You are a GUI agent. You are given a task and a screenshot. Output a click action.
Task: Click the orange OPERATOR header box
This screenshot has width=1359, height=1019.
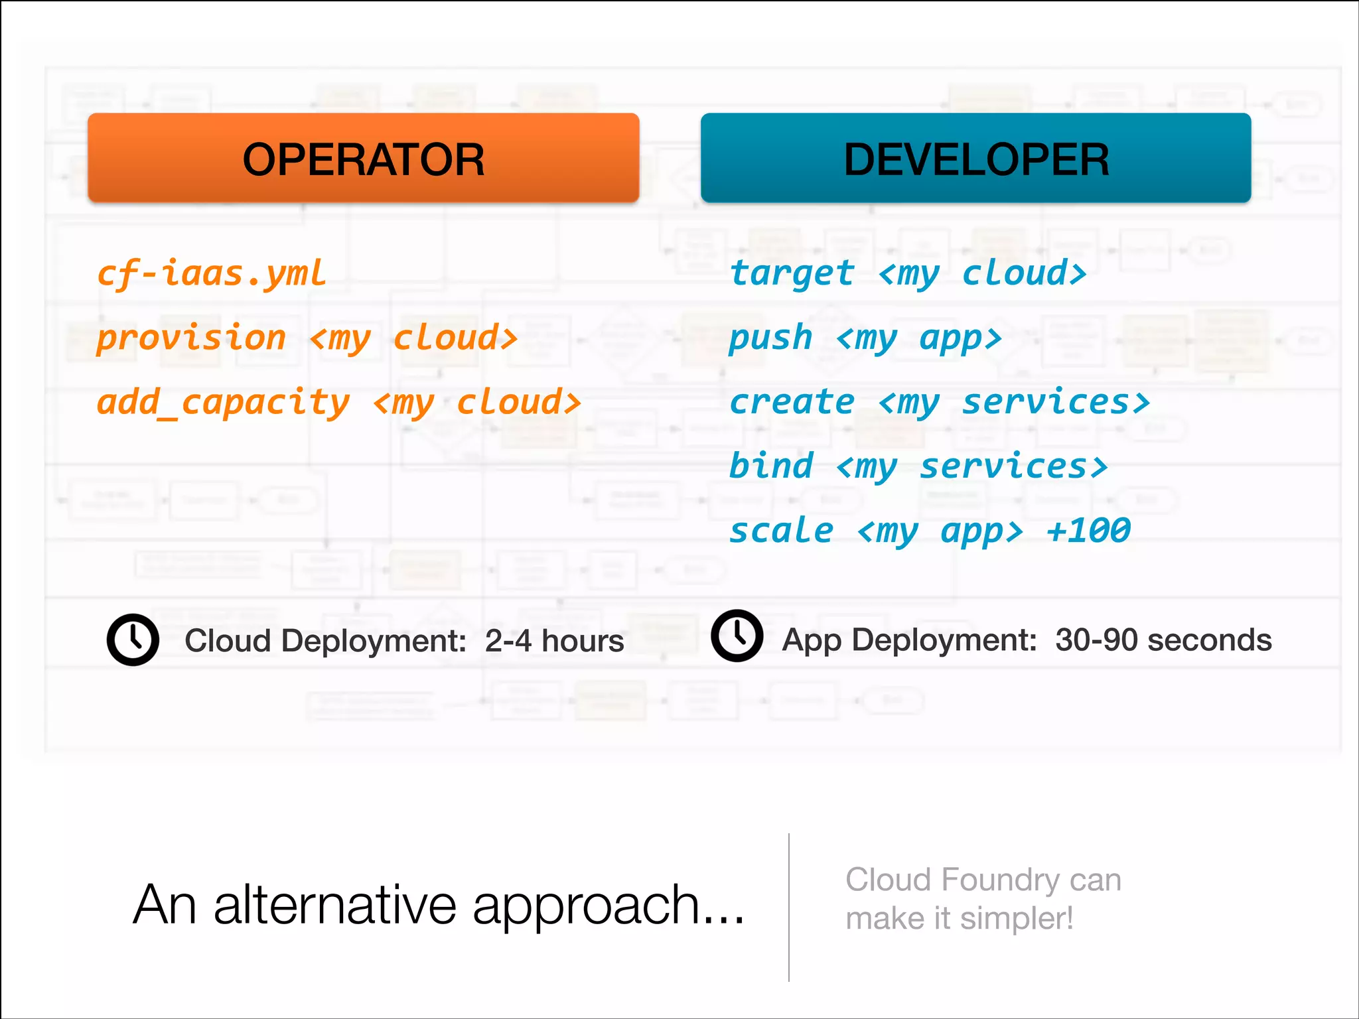tap(363, 158)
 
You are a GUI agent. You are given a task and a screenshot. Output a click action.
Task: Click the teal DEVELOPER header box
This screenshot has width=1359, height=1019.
tap(975, 158)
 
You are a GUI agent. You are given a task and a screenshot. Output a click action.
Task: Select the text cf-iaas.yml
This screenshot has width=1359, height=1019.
tap(212, 274)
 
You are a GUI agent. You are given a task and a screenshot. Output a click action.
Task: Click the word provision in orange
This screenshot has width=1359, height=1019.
tap(191, 338)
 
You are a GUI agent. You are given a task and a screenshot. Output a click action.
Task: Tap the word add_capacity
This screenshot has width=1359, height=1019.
tap(223, 403)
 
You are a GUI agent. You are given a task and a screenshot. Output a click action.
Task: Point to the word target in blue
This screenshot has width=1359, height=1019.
tap(792, 274)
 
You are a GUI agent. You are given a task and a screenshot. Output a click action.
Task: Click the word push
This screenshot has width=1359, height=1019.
tap(770, 338)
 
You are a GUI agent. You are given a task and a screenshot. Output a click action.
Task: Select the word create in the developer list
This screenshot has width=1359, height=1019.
tap(792, 403)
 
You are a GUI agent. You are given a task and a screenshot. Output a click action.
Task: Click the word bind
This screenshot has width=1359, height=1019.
tap(770, 466)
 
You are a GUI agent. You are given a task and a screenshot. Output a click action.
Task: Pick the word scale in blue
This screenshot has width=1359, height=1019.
tap(780, 531)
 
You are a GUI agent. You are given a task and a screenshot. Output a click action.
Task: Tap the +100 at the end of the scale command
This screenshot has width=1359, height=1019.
tap(1088, 531)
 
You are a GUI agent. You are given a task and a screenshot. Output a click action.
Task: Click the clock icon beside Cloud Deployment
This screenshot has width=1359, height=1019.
tap(133, 640)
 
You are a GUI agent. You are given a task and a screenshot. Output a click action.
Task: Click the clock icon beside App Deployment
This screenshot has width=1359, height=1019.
tap(737, 636)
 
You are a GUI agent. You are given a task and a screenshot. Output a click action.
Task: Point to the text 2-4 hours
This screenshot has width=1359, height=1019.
tap(554, 641)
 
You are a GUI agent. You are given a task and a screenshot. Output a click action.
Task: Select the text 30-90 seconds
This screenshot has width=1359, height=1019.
tap(1163, 640)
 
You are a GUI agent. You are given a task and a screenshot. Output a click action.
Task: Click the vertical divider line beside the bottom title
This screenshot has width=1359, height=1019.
tap(789, 907)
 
